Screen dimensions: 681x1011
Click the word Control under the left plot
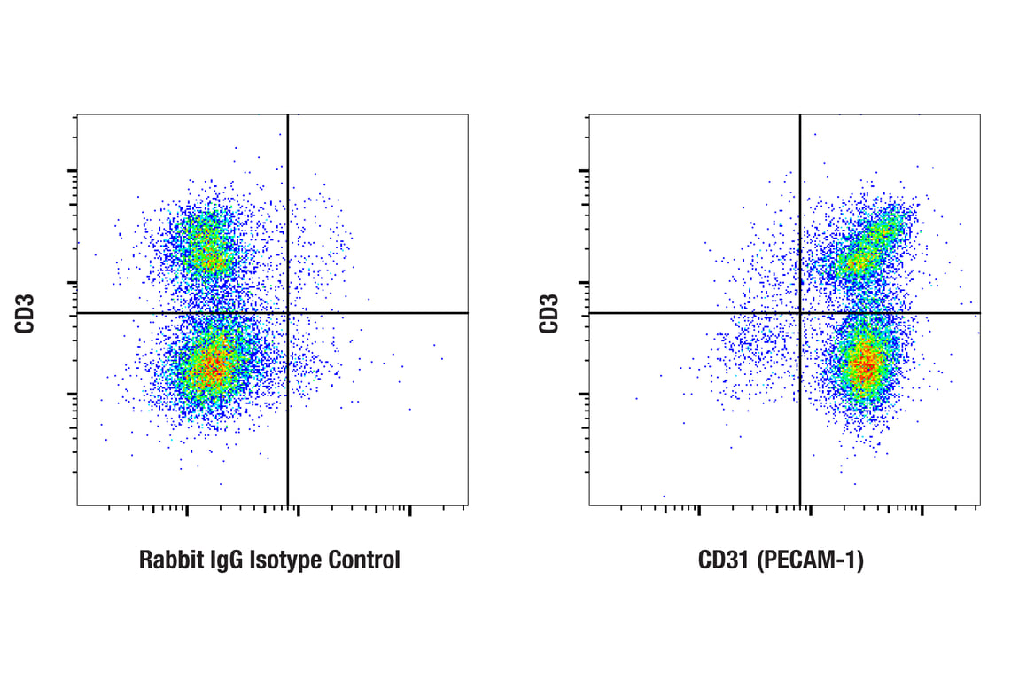363,560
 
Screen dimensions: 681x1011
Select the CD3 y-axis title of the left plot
24,313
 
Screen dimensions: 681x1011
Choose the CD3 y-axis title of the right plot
549,313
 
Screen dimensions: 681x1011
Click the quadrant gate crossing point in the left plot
288,313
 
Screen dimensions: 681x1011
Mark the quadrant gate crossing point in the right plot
800,313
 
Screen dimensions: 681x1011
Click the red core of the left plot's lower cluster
211,366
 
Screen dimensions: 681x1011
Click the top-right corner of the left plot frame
468,114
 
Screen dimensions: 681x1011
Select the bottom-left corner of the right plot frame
589,505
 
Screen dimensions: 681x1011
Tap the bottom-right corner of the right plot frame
980,505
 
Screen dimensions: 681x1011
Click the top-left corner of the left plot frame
77,114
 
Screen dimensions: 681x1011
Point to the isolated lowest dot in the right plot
664,497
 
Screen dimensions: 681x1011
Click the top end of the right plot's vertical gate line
800,115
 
